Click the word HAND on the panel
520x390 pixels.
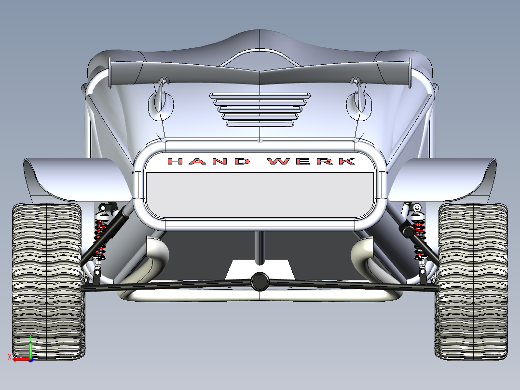(x=209, y=161)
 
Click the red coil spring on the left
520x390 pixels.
(x=100, y=237)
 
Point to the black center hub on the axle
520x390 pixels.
(x=260, y=281)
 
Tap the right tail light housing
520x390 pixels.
(x=359, y=101)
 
